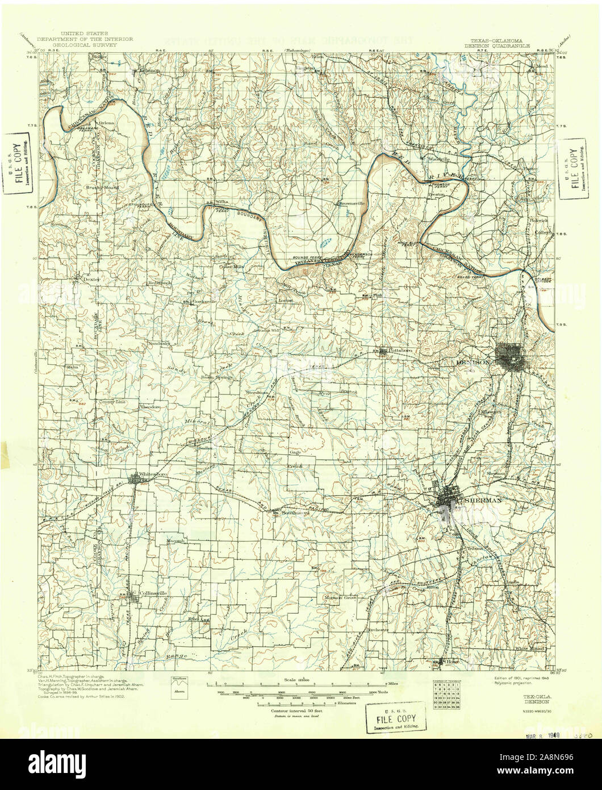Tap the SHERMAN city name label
[x=483, y=501]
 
